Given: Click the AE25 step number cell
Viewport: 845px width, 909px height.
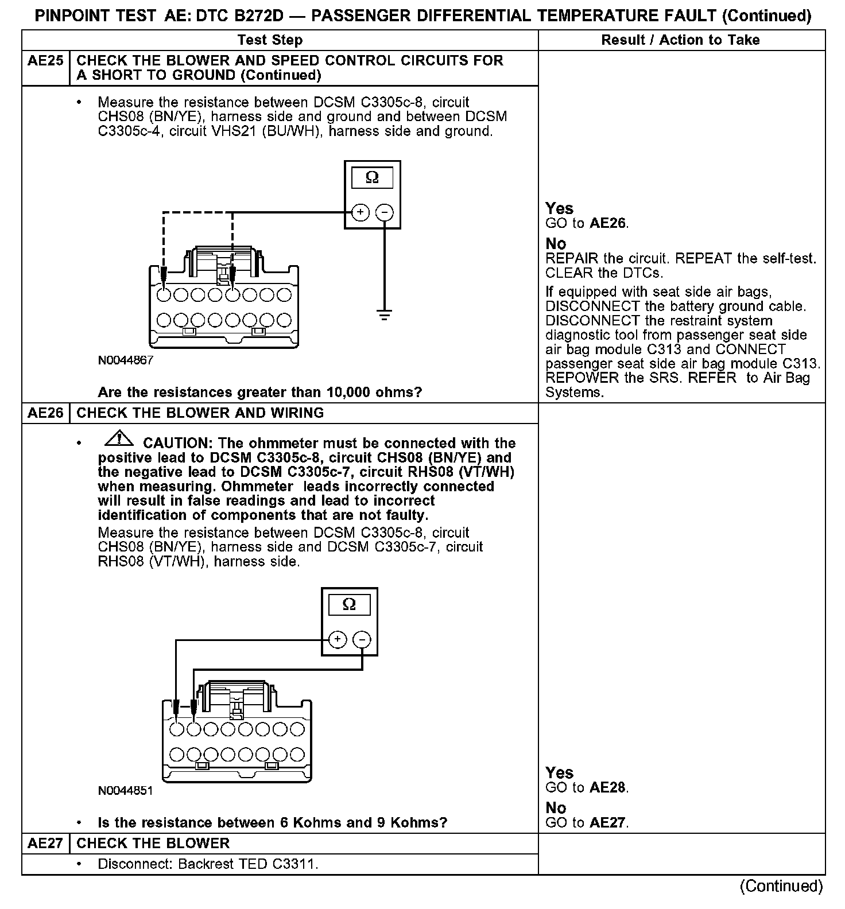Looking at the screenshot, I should tap(45, 61).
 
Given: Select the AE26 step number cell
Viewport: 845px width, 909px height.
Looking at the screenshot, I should tap(45, 413).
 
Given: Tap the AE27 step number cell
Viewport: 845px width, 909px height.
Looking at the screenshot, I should tap(45, 844).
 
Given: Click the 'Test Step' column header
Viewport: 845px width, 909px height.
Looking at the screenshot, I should tap(270, 40).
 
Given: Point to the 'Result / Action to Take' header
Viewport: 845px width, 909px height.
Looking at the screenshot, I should tap(680, 40).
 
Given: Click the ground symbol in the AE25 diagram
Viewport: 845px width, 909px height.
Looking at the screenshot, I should tap(384, 314).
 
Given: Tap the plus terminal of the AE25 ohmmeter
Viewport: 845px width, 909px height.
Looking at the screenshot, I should tap(360, 213).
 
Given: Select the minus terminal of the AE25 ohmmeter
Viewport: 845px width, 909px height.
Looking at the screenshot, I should tap(384, 213).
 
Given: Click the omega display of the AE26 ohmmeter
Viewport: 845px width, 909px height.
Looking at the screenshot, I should tap(349, 605).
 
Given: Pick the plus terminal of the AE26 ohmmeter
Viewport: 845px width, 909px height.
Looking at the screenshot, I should tap(337, 639).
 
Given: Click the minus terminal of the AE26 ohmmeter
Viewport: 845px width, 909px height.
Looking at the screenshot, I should tap(362, 639).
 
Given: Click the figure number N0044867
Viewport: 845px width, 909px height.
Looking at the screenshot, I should tap(126, 361).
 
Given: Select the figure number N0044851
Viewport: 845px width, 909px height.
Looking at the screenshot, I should tap(126, 791).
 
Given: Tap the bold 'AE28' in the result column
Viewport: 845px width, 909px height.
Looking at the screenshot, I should tap(608, 788).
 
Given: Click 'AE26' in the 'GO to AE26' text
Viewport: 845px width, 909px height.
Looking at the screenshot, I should tap(608, 224).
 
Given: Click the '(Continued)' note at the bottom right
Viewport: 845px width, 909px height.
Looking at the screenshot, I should tap(781, 886).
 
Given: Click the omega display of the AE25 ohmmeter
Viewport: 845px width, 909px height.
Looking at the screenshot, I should tap(372, 178).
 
